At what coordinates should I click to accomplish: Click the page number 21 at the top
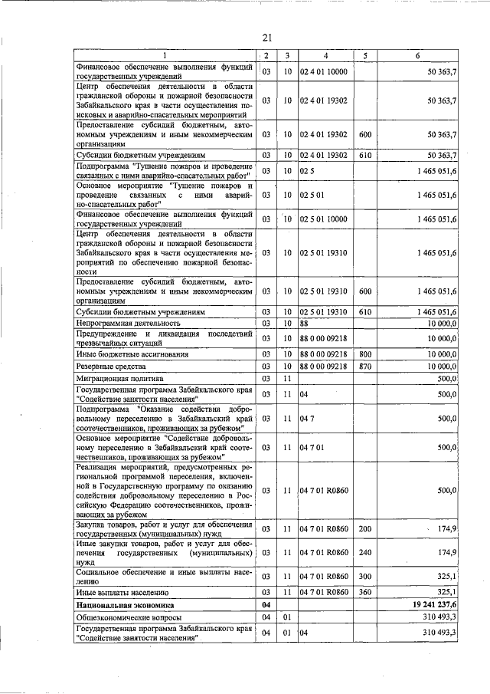[x=267, y=38]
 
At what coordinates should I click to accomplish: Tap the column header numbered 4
[x=325, y=56]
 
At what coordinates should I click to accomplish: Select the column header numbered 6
[x=418, y=56]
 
